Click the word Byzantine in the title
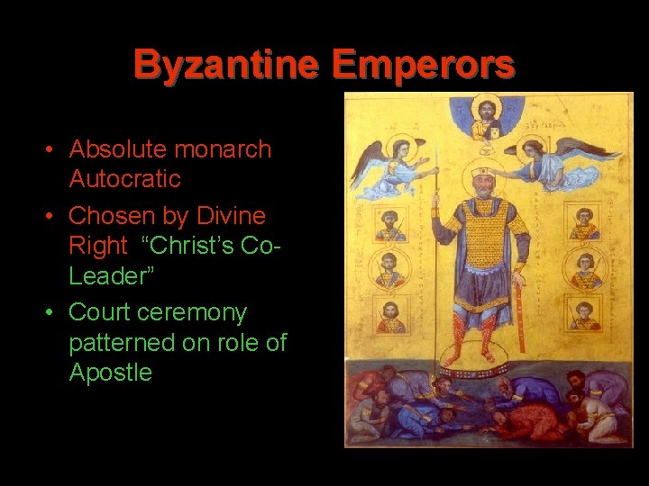[225, 65]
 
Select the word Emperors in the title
[424, 65]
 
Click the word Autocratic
[124, 179]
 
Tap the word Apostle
[111, 373]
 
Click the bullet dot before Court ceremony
[53, 313]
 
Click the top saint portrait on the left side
[389, 220]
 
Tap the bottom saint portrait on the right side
[583, 313]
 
